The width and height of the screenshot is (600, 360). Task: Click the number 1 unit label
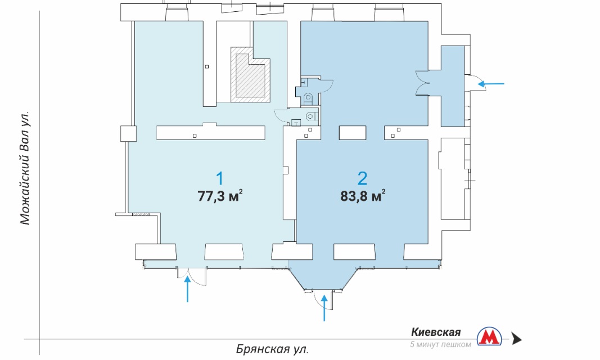220,179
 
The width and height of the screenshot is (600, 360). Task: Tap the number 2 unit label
362,178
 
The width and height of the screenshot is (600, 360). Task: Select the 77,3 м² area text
220,196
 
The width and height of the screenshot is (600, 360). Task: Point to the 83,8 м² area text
363,196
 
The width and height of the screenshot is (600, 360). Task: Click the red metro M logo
489,337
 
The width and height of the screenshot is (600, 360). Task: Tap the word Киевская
436,332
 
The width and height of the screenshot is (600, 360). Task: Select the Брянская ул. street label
272,349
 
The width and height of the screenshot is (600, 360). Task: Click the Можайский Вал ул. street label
25,168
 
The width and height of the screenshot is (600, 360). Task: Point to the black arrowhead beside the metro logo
517,339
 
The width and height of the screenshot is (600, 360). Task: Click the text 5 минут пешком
440,344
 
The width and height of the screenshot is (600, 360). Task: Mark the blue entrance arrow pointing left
491,83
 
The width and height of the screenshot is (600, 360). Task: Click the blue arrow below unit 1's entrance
187,290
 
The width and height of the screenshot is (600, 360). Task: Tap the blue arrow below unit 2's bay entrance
324,308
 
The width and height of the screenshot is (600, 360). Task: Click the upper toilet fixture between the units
308,98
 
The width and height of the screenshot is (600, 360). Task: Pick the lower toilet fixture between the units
310,115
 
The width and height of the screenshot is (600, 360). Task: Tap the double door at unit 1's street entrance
191,276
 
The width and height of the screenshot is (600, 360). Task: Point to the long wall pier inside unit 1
210,132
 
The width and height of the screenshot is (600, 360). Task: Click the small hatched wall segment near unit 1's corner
141,214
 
